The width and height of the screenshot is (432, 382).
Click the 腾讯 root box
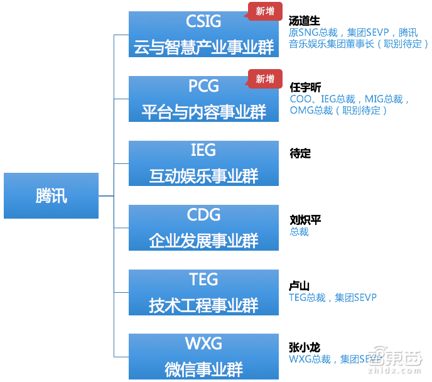click(51, 195)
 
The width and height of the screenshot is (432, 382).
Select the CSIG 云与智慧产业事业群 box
click(203, 34)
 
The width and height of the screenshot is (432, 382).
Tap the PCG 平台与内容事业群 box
click(203, 99)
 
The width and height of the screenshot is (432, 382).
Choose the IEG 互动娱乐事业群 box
click(203, 163)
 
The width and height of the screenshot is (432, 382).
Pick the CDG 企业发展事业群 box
click(203, 227)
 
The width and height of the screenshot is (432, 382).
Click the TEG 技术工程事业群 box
click(203, 292)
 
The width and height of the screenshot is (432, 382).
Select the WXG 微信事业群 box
click(203, 356)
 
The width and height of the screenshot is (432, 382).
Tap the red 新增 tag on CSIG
click(265, 11)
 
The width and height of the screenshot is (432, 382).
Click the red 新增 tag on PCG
click(265, 79)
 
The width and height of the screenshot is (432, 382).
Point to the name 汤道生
click(305, 21)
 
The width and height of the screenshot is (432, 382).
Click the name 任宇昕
click(306, 87)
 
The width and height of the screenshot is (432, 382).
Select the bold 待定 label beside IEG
click(300, 153)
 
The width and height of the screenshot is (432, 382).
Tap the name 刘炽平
click(306, 220)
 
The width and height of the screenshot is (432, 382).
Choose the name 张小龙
click(305, 347)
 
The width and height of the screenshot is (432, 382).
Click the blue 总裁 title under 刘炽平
click(300, 232)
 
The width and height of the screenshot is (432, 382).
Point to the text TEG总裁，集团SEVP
click(333, 298)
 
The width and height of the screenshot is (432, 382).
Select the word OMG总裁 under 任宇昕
click(311, 111)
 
